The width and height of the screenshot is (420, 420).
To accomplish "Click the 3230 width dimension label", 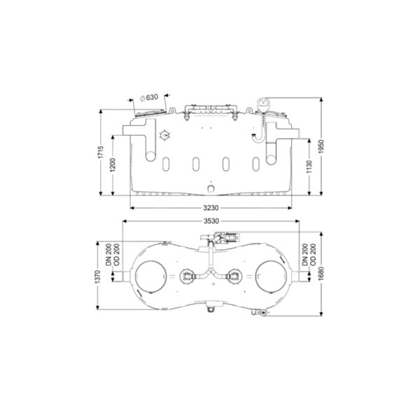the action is pos(211,208).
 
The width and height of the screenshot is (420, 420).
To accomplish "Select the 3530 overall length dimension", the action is pos(211,221).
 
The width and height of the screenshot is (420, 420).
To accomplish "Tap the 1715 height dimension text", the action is pos(101,152).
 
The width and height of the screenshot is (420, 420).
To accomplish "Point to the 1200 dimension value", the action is pos(113,165).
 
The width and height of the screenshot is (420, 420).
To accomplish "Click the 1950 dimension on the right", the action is pos(321,146).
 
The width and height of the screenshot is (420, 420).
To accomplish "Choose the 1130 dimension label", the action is pos(309,167).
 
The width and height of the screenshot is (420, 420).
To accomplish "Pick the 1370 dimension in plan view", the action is pos(97,277).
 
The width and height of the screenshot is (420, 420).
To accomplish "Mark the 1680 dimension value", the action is pos(321,274).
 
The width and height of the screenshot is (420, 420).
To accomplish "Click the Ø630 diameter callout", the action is pos(150,97).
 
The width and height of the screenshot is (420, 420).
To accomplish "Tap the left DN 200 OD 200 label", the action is pos(113,255).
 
